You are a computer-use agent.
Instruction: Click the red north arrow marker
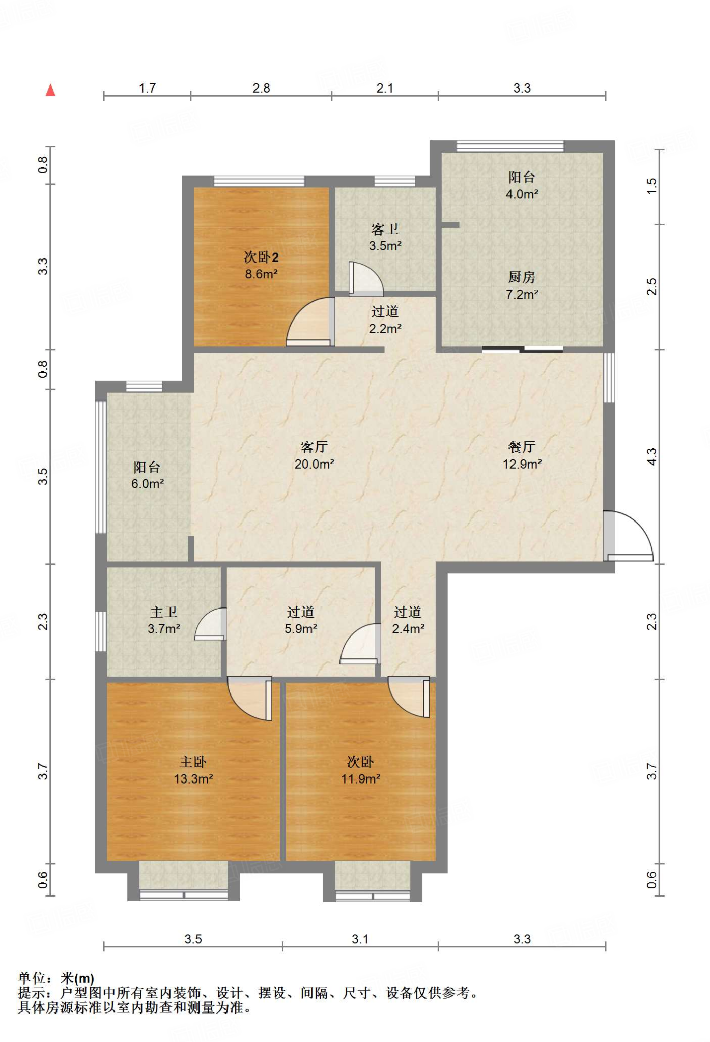point(50,91)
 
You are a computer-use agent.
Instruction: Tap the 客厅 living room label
point(314,447)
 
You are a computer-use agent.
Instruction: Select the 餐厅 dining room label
point(522,447)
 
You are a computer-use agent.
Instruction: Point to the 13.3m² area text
point(193,778)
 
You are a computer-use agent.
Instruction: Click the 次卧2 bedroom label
point(261,257)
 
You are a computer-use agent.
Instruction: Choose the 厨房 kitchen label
point(522,277)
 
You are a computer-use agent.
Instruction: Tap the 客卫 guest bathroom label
point(385,229)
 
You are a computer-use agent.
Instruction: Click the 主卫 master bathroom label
point(164,612)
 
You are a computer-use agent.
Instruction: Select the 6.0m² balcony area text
point(148,484)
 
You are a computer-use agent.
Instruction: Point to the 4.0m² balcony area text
point(522,194)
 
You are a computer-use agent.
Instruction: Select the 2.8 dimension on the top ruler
point(261,88)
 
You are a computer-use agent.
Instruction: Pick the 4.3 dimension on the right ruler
point(651,456)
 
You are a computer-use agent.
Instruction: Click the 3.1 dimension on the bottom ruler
point(360,939)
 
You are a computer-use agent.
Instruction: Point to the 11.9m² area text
point(361,778)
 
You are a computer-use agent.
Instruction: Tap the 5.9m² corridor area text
point(301,628)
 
